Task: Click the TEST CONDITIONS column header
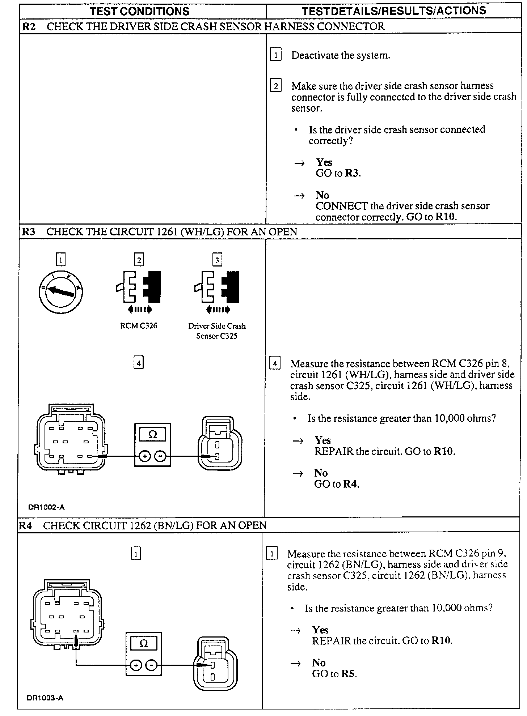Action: click(x=140, y=11)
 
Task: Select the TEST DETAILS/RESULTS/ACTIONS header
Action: click(x=394, y=11)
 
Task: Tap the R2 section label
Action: click(x=29, y=26)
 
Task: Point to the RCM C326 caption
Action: click(x=139, y=326)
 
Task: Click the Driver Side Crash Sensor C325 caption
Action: click(x=217, y=331)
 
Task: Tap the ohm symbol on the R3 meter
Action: click(x=152, y=435)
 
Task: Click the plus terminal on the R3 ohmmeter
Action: click(x=145, y=457)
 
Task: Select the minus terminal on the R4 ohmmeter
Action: click(x=152, y=665)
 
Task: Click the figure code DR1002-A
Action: click(x=46, y=507)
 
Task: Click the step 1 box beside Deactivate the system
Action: click(x=276, y=55)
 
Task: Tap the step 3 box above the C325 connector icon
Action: click(x=217, y=260)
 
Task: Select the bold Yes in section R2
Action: click(x=324, y=162)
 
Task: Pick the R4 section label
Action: click(x=25, y=525)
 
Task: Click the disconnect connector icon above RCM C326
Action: click(x=139, y=287)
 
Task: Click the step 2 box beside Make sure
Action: click(x=276, y=86)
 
